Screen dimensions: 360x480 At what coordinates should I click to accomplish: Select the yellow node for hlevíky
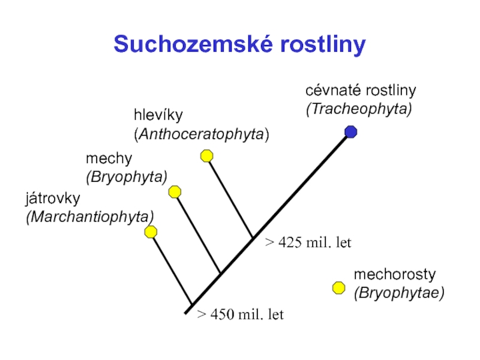(206, 156)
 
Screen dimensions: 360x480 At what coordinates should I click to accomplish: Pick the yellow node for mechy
(175, 192)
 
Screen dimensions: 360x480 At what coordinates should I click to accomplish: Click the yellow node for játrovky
(151, 232)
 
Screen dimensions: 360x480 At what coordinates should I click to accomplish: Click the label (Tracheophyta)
(359, 109)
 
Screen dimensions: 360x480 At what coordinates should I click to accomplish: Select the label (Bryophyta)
(126, 177)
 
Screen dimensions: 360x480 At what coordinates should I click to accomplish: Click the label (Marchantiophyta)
(89, 216)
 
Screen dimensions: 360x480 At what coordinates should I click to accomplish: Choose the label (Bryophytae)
(399, 293)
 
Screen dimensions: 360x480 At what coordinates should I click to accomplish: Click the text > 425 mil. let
(308, 243)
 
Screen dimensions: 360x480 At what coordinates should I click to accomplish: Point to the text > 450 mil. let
(241, 314)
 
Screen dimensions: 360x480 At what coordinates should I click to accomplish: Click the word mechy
(109, 159)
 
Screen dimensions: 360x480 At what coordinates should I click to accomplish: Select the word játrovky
(53, 197)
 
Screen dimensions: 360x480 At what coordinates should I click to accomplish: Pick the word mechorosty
(394, 275)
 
